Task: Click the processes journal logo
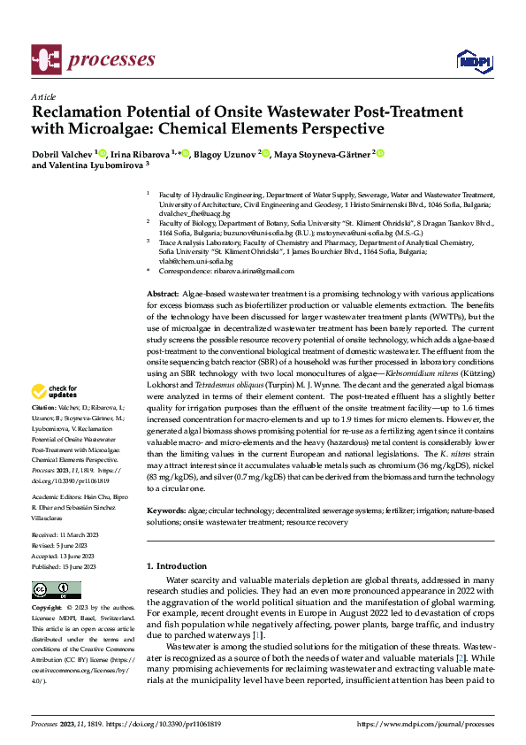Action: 94,59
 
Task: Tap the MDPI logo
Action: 469,60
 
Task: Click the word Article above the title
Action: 43,96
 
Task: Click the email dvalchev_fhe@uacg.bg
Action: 194,213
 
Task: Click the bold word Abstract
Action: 162,291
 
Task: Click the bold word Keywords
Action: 165,511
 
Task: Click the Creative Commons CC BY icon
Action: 56,590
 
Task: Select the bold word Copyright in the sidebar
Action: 47,609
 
